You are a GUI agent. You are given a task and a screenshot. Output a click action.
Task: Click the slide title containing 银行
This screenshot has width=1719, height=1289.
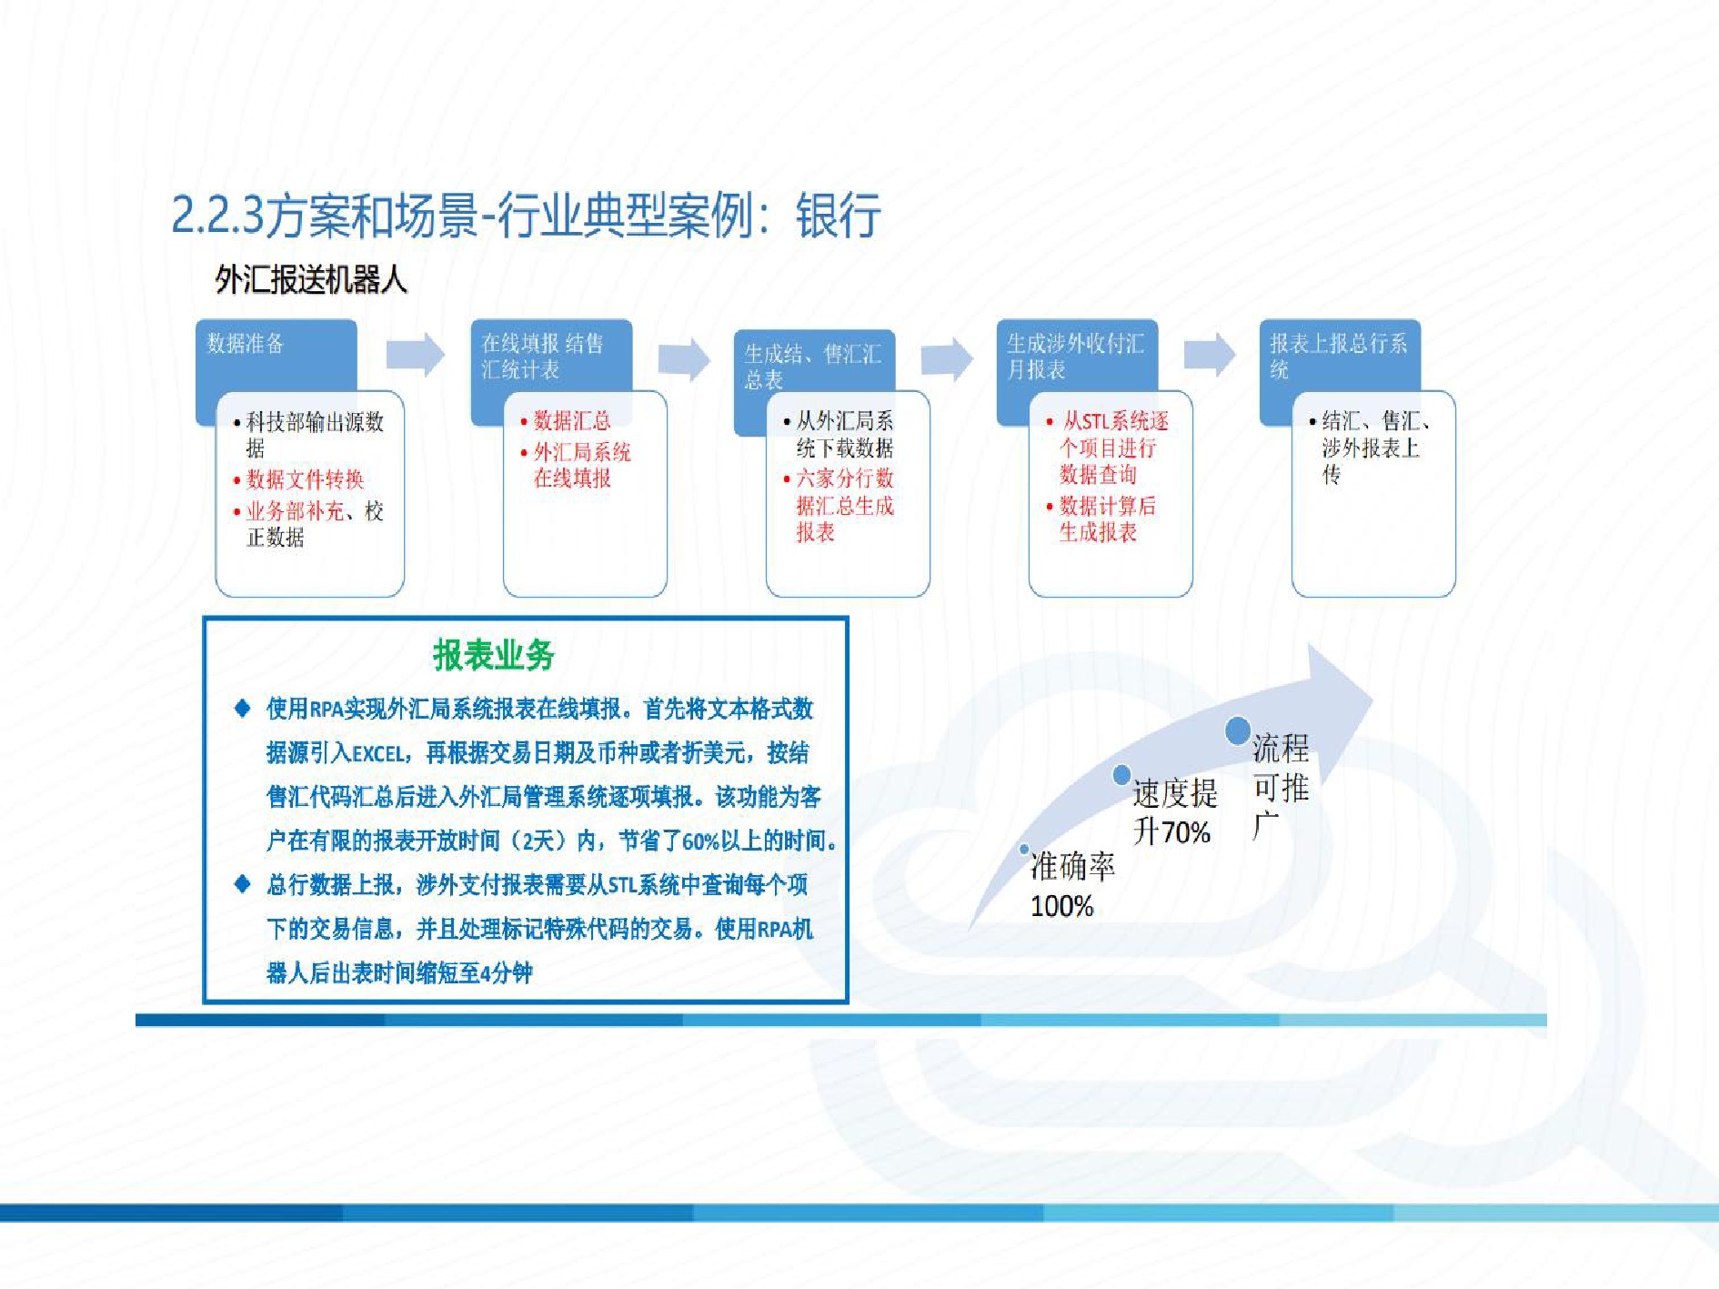click(526, 216)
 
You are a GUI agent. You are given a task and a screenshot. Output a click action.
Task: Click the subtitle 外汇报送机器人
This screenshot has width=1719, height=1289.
click(311, 279)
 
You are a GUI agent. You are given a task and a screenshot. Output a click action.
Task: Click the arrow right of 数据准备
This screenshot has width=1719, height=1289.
click(416, 355)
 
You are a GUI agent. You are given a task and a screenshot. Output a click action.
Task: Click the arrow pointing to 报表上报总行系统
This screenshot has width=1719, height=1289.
click(1210, 355)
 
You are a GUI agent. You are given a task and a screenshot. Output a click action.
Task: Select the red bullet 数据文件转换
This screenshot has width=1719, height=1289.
click(299, 479)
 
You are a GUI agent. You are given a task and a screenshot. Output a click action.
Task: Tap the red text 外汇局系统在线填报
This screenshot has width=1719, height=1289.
click(577, 465)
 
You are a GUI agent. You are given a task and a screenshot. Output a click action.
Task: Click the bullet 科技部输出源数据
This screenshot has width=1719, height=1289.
click(309, 435)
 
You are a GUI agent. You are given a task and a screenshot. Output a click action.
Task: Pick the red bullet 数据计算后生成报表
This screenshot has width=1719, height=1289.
click(1101, 519)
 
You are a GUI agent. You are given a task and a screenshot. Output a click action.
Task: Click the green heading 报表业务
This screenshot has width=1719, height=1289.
click(494, 655)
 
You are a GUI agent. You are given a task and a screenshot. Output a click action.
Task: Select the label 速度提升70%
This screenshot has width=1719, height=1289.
click(1174, 812)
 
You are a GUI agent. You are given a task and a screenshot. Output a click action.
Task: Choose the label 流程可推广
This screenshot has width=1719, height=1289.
click(1281, 787)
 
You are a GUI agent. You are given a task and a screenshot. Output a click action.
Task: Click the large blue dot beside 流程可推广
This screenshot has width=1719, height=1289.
click(1237, 730)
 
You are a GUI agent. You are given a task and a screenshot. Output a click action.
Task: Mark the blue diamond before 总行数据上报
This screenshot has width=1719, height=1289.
click(242, 883)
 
